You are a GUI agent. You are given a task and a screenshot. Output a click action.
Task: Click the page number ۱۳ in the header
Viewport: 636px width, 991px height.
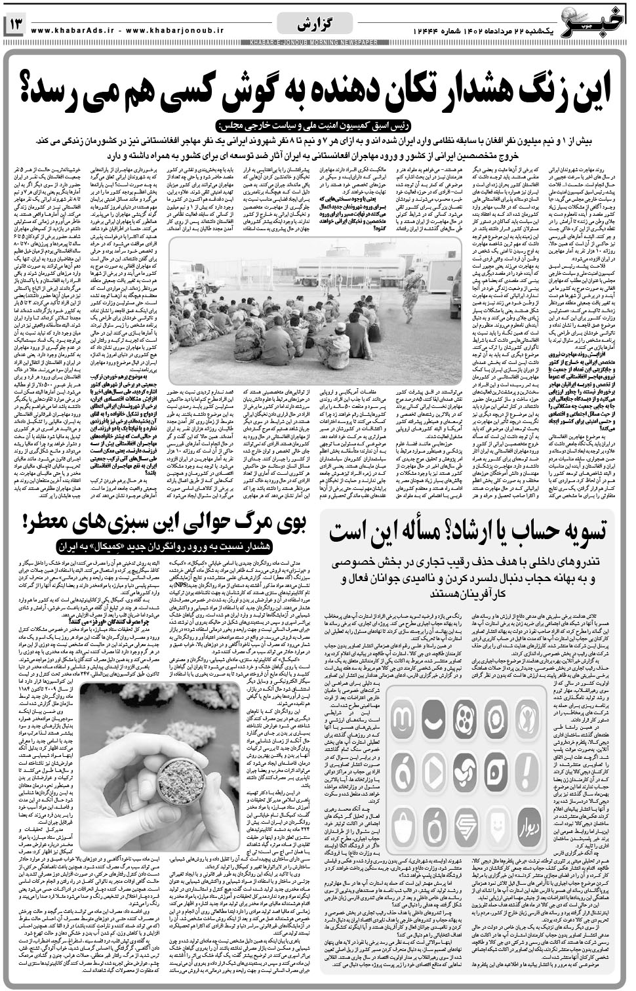tap(16, 25)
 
